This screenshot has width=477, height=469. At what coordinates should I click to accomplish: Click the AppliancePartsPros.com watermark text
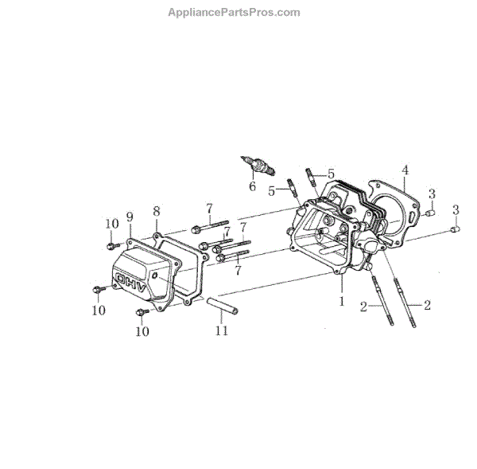click(x=234, y=12)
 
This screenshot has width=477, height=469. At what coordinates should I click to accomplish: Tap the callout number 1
click(x=342, y=302)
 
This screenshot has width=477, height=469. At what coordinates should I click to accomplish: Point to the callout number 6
click(x=252, y=187)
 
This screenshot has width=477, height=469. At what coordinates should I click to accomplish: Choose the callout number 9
click(x=129, y=216)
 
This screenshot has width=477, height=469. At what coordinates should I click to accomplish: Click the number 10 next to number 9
click(x=110, y=225)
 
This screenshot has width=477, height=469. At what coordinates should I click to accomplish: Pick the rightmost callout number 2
click(x=428, y=305)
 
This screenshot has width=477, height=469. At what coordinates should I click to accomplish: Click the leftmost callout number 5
click(x=272, y=191)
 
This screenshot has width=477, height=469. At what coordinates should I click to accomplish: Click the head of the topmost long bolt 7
click(x=195, y=230)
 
